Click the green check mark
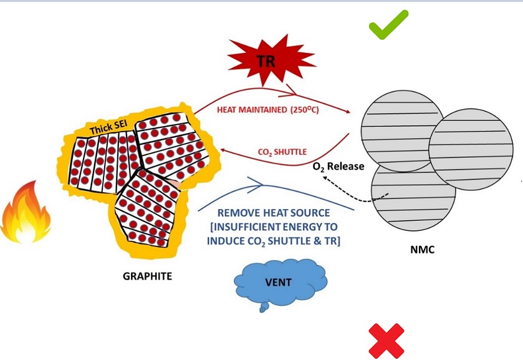[388, 26]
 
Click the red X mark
[386, 341]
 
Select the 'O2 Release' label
[339, 167]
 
